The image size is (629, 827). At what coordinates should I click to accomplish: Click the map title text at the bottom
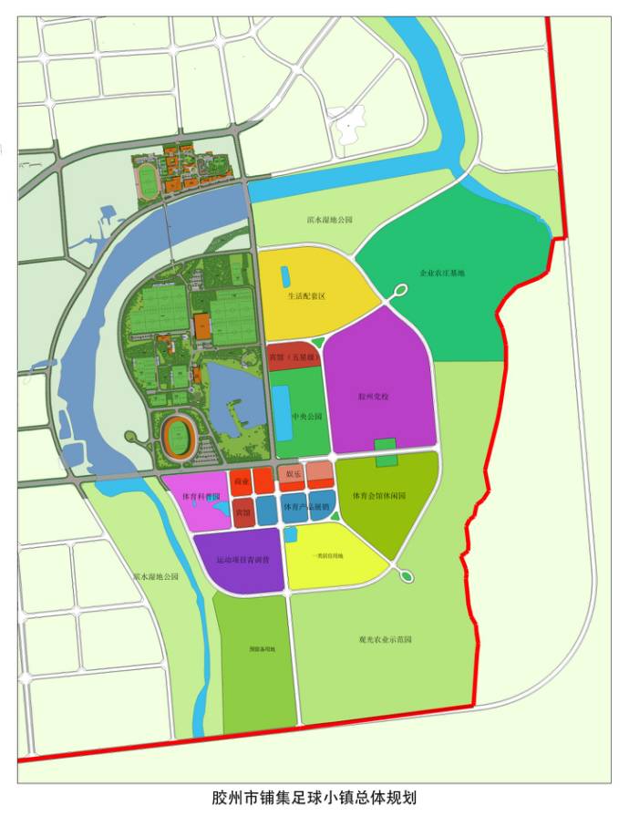(x=314, y=798)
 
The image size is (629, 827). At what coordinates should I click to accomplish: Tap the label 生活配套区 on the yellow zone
(x=306, y=295)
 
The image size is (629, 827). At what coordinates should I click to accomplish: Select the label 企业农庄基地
(x=441, y=273)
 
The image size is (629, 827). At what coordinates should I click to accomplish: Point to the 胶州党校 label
(x=374, y=397)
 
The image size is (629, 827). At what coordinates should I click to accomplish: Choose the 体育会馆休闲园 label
(x=378, y=495)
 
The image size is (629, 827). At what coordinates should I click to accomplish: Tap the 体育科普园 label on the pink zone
(x=201, y=497)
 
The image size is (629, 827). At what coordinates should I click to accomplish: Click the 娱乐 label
(x=294, y=474)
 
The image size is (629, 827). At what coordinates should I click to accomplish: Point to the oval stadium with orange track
(x=177, y=438)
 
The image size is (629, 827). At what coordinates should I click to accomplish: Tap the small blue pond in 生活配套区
(x=284, y=274)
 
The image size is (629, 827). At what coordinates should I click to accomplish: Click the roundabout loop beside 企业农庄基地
(x=400, y=292)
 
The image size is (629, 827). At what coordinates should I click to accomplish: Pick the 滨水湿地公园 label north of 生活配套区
(x=329, y=221)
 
